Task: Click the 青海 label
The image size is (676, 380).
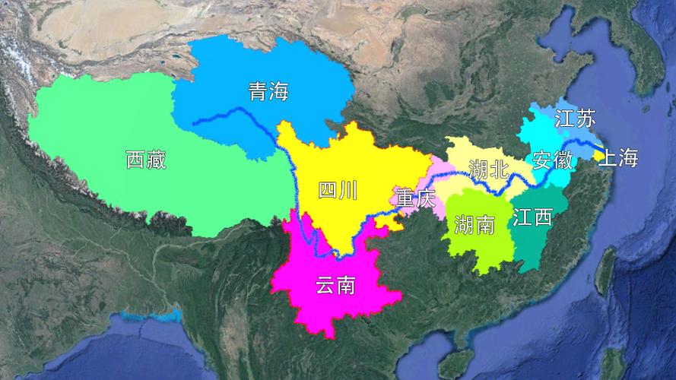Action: [269, 92]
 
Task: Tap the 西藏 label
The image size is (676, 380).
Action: [145, 160]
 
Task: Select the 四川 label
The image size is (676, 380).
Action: [337, 191]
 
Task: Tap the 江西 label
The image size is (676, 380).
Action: [532, 217]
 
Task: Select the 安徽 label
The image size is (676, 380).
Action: [552, 160]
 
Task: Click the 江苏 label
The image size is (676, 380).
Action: [575, 119]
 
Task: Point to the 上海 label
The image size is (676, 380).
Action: [617, 158]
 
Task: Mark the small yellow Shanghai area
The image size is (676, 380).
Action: [597, 150]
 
